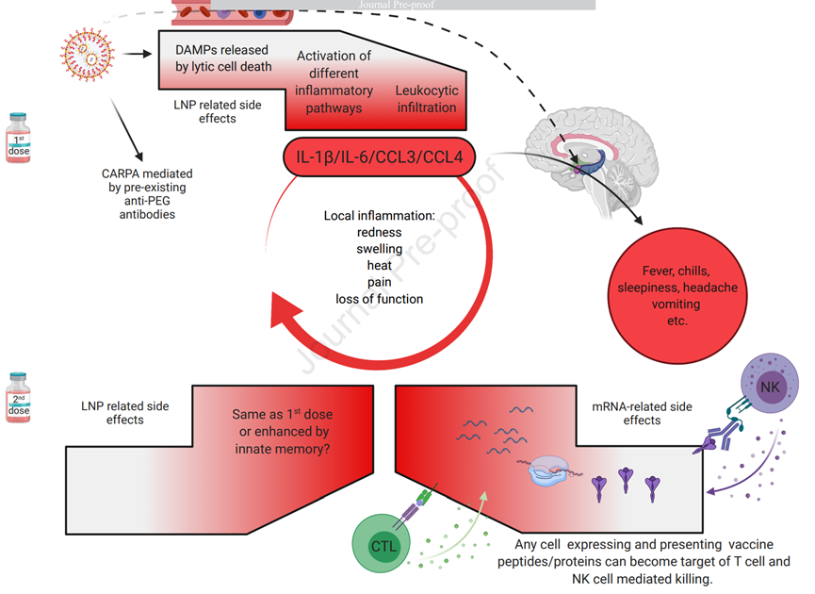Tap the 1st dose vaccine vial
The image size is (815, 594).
pos(19,138)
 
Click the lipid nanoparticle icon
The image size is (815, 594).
pos(90,53)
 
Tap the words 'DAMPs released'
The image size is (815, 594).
pos(221,49)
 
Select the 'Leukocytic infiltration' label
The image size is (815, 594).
pos(425,99)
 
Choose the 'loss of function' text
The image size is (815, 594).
pos(379,299)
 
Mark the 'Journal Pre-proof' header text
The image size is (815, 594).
pos(406,5)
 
